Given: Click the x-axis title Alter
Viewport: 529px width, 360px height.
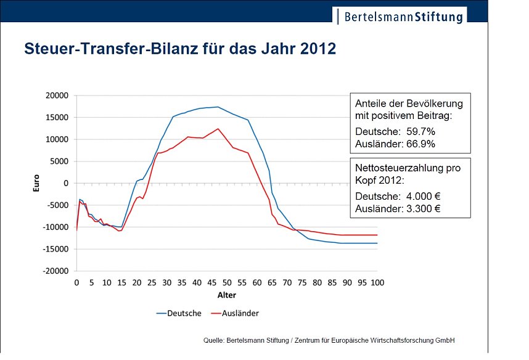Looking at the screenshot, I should point(226,295).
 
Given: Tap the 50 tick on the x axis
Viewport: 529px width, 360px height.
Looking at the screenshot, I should point(227,282).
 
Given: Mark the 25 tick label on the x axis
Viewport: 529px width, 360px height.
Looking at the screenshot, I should point(152,282).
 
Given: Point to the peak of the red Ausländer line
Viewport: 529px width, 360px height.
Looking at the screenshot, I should point(218,129).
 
